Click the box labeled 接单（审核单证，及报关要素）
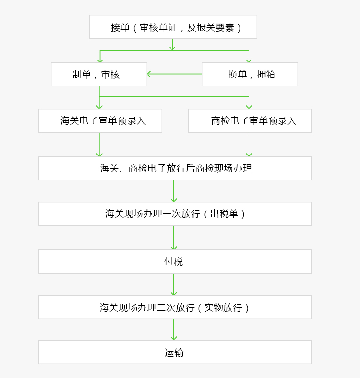[173, 27]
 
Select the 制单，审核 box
[99, 74]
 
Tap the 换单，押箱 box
[250, 74]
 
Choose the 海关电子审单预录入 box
[100, 120]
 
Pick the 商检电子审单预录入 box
[250, 120]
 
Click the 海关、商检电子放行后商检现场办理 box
[175, 168]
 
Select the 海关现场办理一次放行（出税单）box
[175, 214]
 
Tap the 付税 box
[175, 262]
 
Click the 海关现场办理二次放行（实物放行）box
[175, 308]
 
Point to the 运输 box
[175, 352]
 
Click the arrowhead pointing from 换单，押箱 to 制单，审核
[149, 74]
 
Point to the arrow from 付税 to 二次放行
[174, 284]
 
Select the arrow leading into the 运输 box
[174, 330]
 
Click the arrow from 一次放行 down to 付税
[174, 238]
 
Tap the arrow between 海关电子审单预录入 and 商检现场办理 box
[99, 145]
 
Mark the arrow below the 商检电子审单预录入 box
[249, 145]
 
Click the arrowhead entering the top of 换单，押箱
[249, 60]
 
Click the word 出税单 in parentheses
[224, 214]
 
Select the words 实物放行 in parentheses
[223, 308]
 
